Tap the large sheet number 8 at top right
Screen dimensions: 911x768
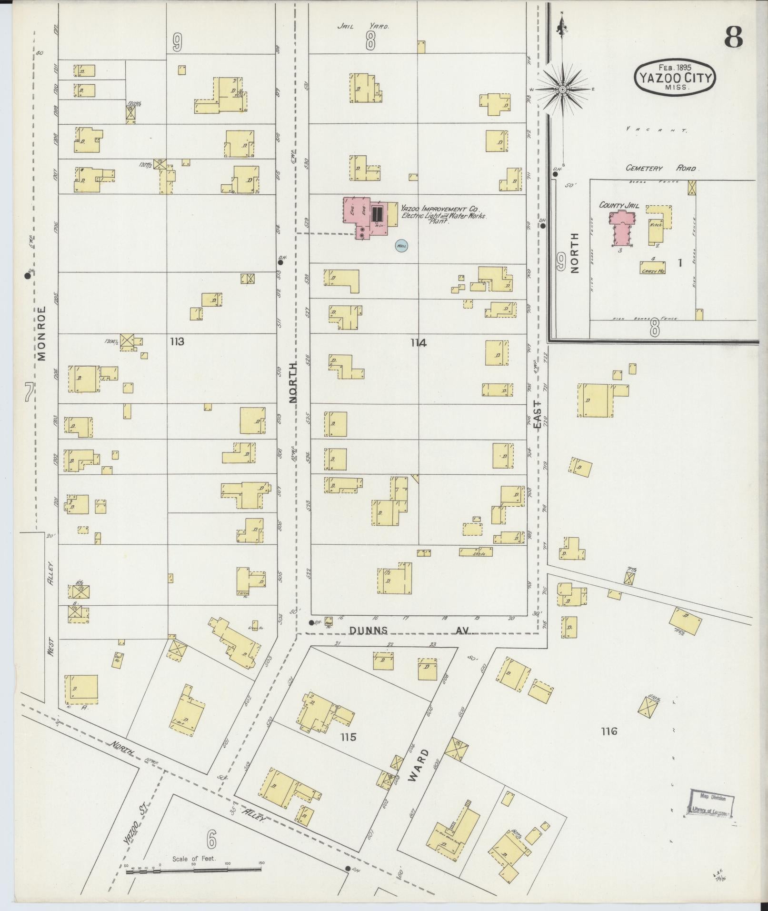733,37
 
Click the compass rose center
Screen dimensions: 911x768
562,89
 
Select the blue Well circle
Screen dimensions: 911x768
401,246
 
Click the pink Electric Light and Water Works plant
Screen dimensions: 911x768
366,217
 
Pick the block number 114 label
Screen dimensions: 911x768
419,342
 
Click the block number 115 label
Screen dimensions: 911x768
348,737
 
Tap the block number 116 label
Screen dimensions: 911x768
608,731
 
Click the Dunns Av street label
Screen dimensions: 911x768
409,630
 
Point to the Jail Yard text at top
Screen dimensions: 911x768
363,26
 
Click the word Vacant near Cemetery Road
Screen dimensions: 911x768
656,130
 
